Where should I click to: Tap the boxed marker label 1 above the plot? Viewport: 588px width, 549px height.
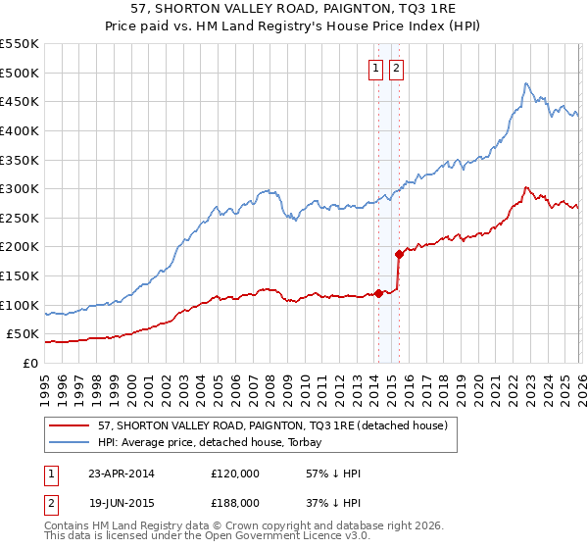376,69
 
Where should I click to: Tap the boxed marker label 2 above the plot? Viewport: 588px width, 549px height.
396,69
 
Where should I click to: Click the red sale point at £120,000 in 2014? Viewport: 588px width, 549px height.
378,292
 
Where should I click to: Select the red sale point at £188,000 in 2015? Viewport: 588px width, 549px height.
399,254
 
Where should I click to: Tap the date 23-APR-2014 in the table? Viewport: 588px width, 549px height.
122,474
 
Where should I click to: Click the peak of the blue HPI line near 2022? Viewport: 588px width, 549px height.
526,83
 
